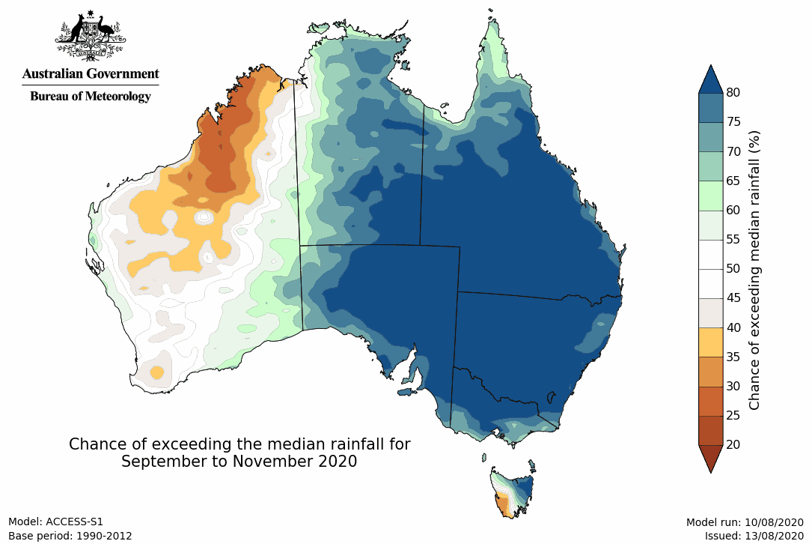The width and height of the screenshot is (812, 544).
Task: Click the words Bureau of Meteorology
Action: [x=90, y=97]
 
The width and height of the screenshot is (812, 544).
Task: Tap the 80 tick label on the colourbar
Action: [x=733, y=93]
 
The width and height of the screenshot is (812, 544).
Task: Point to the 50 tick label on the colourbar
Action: [x=733, y=269]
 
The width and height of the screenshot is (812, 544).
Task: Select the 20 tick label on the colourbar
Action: [x=733, y=444]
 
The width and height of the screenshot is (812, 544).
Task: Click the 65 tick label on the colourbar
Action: [x=733, y=181]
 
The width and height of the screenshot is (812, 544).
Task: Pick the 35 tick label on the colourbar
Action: [x=733, y=357]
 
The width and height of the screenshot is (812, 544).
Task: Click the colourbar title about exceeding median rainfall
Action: [x=755, y=269]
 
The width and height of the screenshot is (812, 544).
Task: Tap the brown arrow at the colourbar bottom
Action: [x=710, y=458]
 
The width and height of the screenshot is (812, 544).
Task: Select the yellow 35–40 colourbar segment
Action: [x=710, y=342]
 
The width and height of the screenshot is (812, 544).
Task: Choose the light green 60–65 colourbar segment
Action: [x=710, y=195]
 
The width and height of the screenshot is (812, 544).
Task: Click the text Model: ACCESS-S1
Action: [x=55, y=522]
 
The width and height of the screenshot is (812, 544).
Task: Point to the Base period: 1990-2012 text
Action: [x=70, y=536]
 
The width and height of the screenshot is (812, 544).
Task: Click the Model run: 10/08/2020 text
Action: [x=744, y=522]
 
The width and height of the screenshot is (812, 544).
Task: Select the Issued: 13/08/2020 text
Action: [x=754, y=536]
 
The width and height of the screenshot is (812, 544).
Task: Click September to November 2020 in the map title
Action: [x=239, y=462]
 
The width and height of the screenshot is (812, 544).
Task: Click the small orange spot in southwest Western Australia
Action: [x=156, y=372]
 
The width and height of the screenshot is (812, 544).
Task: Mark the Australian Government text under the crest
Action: [x=90, y=74]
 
